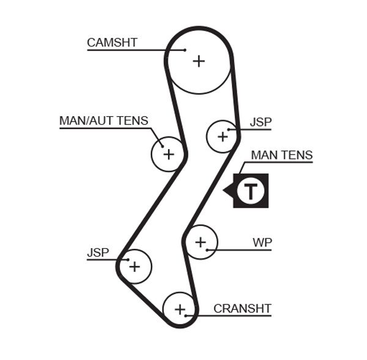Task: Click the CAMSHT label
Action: pos(112,42)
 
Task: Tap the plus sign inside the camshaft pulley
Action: pos(198,61)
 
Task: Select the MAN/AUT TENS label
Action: pos(103,120)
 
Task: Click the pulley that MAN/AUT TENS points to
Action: pos(168,154)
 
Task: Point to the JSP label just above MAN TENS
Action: pos(261,122)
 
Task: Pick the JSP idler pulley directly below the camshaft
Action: pos(223,136)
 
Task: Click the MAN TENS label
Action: pos(281,155)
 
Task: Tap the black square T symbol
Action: pos(251,191)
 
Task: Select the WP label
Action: pos(262,243)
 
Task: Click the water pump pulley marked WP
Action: pos(201,243)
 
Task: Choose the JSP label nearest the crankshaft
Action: pos(98,252)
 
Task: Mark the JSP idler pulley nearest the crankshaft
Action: pos(134,266)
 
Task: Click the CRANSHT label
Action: pos(242,309)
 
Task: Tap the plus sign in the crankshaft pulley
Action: pos(179,310)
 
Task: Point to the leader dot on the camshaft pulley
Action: pos(185,50)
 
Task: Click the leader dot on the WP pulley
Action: pos(208,250)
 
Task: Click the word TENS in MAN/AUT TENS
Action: pos(133,120)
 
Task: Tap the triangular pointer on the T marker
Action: pos(228,191)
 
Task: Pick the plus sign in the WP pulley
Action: pos(201,243)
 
